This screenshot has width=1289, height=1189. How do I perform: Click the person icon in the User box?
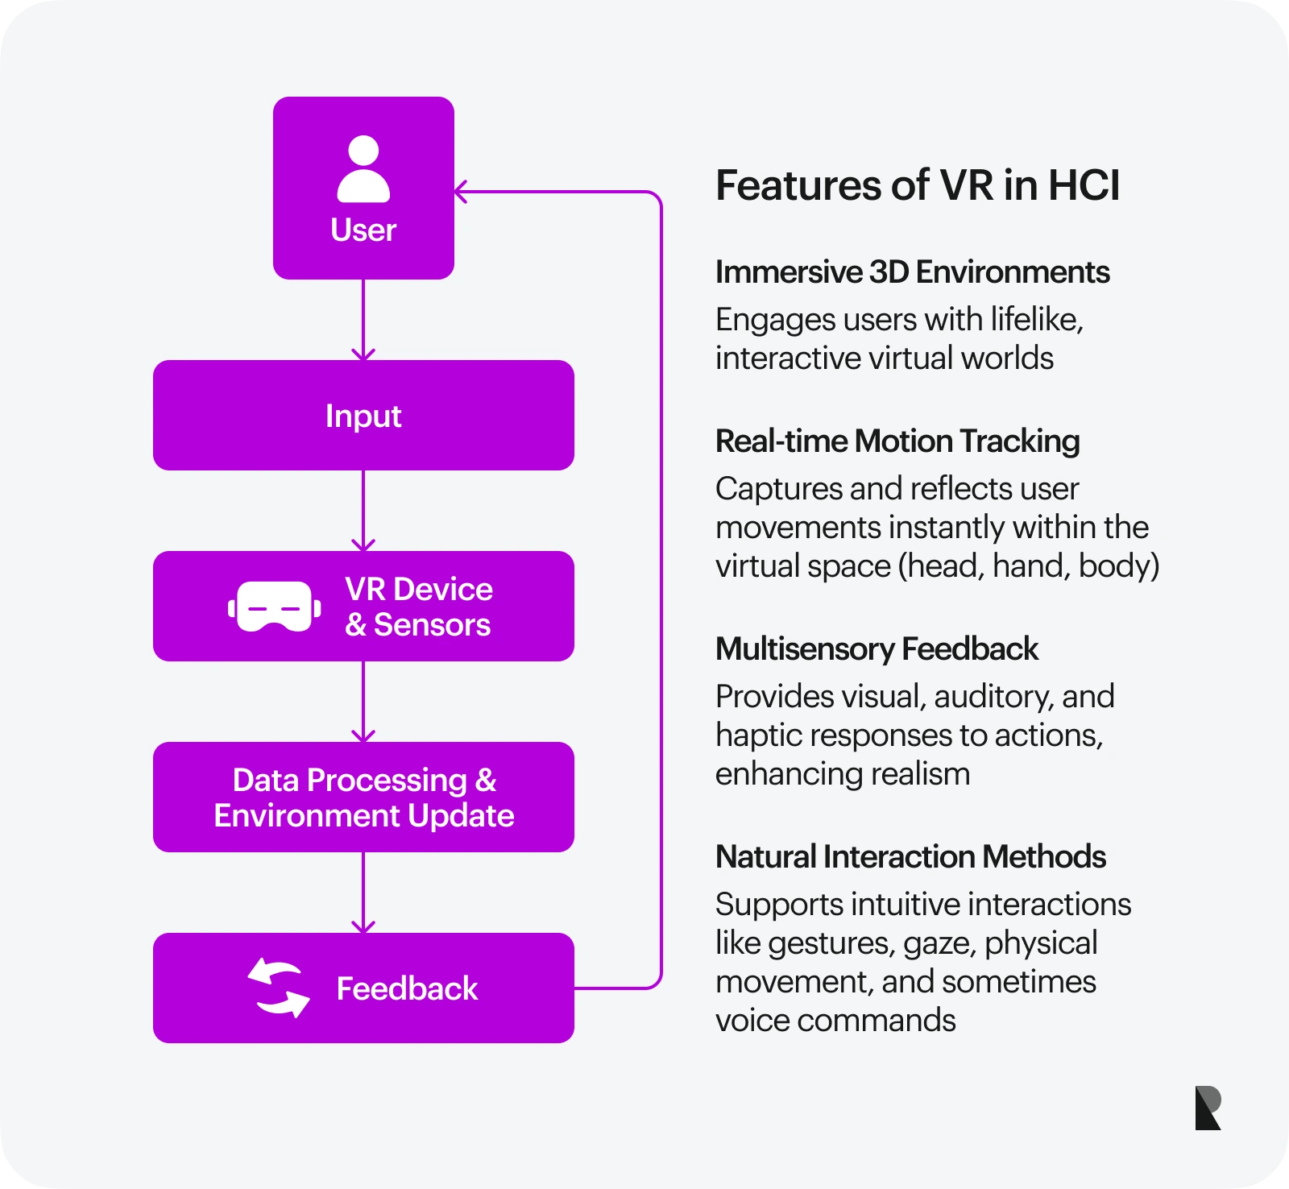[x=363, y=169]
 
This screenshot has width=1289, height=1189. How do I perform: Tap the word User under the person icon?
[x=363, y=230]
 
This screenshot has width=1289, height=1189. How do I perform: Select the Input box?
[x=363, y=416]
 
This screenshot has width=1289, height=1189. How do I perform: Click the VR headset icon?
[x=275, y=607]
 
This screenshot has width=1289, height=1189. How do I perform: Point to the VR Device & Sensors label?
[x=418, y=607]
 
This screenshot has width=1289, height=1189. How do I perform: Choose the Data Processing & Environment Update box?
[x=363, y=797]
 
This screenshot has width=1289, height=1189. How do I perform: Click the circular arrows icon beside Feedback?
[x=279, y=988]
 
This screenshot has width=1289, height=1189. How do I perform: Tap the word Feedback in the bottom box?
[x=407, y=988]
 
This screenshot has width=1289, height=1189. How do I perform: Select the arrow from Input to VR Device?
[x=363, y=511]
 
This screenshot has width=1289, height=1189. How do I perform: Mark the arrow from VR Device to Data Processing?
[x=363, y=702]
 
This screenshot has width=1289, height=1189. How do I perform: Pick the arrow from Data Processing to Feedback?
[x=363, y=893]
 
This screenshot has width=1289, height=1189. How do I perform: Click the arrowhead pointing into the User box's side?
[x=461, y=192]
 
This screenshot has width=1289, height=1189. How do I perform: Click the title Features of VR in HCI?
[x=918, y=185]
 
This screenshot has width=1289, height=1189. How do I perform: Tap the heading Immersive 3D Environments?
[x=912, y=272]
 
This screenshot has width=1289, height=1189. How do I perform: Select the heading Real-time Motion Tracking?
[x=897, y=441]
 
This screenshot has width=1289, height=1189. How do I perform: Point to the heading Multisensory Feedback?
[x=877, y=649]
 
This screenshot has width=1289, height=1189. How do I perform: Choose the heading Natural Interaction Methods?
[x=910, y=857]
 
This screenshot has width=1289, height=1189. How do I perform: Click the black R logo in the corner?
[x=1208, y=1108]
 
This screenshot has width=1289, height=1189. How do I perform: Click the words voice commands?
[x=835, y=1021]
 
